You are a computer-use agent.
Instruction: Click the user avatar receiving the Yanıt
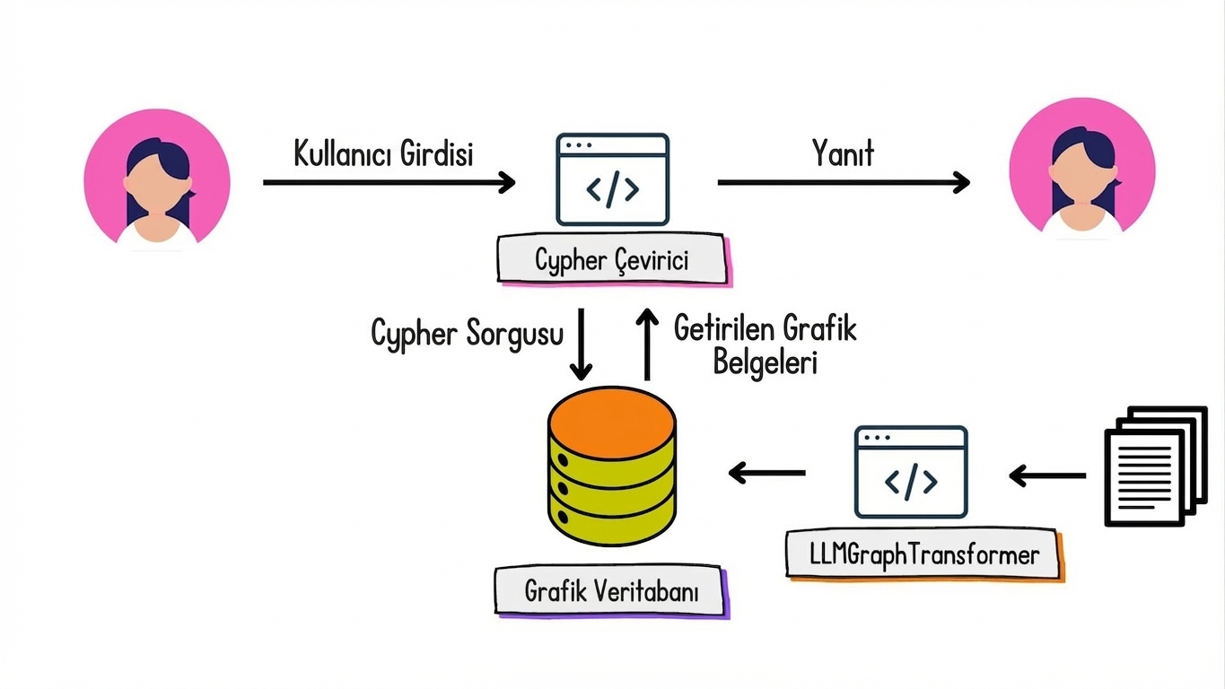[x=1082, y=170]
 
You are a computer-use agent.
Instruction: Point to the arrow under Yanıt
[x=843, y=183]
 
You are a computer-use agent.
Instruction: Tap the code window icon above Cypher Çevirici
[x=612, y=179]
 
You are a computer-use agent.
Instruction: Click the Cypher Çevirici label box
[x=612, y=260]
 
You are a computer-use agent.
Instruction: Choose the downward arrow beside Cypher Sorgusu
[x=582, y=344]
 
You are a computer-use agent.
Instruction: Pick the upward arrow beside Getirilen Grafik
[x=645, y=344]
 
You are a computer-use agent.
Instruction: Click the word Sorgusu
[x=515, y=333]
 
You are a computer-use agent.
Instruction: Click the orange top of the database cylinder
[x=612, y=418]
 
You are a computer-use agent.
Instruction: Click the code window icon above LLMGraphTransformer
[x=911, y=472]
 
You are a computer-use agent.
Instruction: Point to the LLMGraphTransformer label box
[x=923, y=554]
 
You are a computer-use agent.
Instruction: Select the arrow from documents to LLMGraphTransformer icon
[x=1047, y=475]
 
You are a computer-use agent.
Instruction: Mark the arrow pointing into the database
[x=766, y=473]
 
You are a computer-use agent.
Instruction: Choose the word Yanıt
[x=843, y=153]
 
